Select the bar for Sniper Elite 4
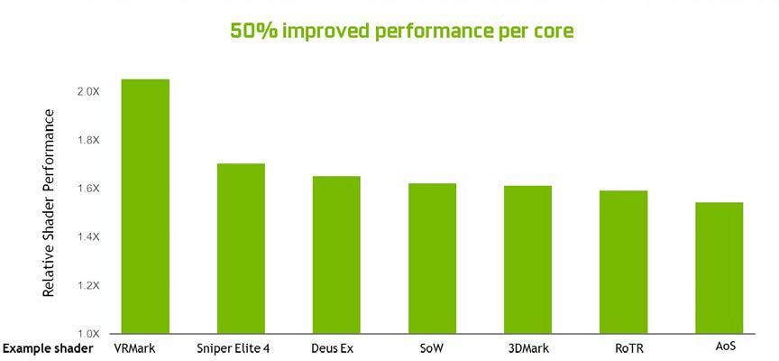(241, 248)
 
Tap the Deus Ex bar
(336, 255)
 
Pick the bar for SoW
(432, 258)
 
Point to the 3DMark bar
(527, 259)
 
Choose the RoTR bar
(623, 262)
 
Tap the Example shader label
(48, 348)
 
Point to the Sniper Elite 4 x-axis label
(232, 348)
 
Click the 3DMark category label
(529, 348)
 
